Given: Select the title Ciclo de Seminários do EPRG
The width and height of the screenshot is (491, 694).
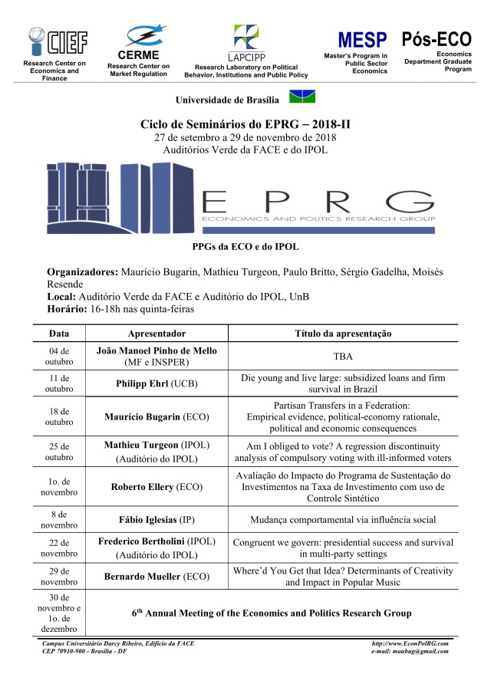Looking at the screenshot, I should (x=245, y=124).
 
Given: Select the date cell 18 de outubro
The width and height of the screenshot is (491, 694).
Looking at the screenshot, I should (x=59, y=416).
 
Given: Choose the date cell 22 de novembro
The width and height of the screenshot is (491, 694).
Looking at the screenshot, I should (x=59, y=548).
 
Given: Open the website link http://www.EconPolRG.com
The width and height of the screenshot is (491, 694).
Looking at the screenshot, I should (x=410, y=643).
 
